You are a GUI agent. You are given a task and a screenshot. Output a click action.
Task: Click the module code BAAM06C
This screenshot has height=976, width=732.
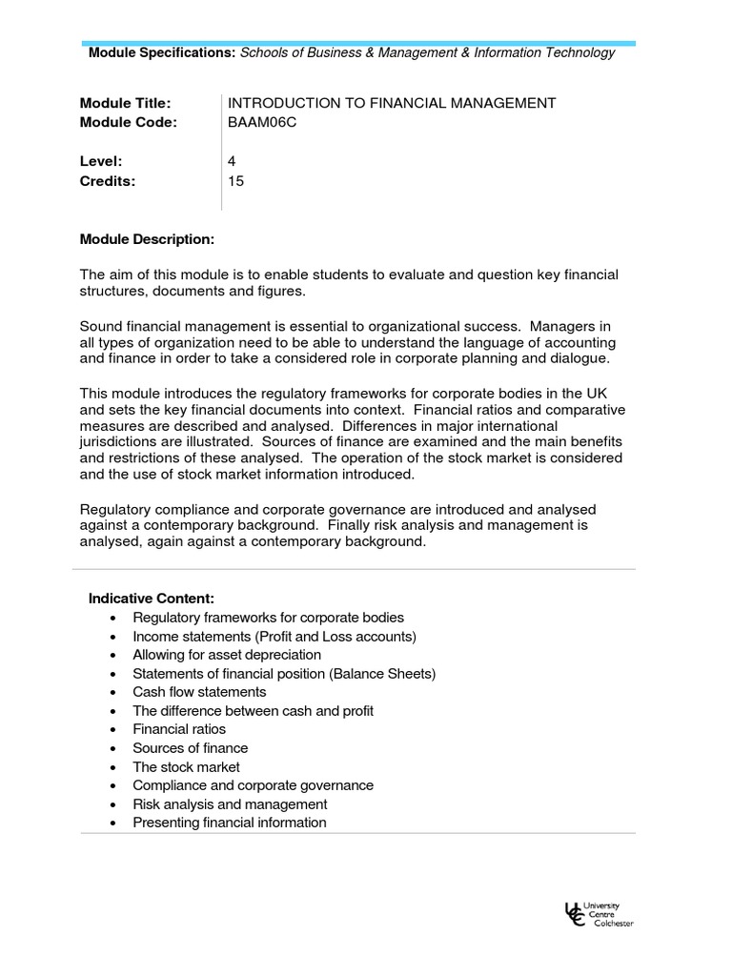coord(256,122)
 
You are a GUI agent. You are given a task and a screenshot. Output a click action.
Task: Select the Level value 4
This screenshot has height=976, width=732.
coord(232,161)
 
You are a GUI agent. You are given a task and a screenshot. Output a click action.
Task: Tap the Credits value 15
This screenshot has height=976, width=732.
coord(235,180)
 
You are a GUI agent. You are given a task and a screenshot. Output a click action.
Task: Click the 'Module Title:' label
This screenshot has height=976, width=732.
coord(125,103)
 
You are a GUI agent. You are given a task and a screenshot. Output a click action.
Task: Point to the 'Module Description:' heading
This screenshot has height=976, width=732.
coord(147,237)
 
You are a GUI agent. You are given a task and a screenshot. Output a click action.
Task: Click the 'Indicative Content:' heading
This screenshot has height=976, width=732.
coord(152,599)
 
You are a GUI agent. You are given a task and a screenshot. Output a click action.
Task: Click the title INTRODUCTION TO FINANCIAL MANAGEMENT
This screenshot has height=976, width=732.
coord(392,103)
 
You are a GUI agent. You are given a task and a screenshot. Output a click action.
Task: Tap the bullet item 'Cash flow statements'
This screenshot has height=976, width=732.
coord(199,692)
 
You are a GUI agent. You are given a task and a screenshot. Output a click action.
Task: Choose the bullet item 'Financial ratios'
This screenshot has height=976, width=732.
coord(179,729)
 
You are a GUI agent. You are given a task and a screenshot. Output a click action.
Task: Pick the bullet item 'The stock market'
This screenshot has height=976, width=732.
coord(186,766)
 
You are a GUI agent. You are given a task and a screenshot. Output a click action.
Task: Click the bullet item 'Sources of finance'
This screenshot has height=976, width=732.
coord(190,748)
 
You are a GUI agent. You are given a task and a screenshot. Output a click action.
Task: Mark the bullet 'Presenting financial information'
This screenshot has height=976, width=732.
coord(229,823)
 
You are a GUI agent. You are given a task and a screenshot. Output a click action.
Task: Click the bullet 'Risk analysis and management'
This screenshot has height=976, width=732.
coord(230,803)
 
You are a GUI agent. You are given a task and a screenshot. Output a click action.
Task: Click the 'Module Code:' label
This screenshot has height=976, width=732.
coord(129,122)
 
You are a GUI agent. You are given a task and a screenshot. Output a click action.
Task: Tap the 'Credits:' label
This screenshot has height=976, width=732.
coord(108,180)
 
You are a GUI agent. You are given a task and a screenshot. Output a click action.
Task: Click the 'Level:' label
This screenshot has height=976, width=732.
coord(101,161)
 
